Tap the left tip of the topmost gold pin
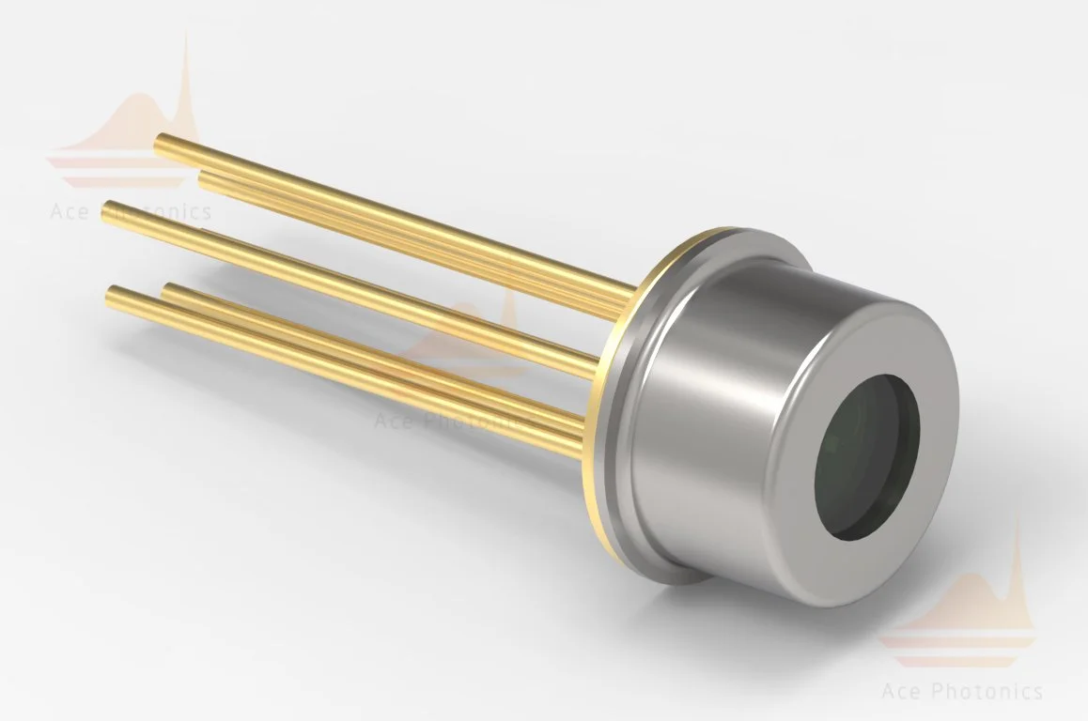pos(161,143)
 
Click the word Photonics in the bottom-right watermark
pos(987,692)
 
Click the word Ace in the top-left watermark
pos(70,212)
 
